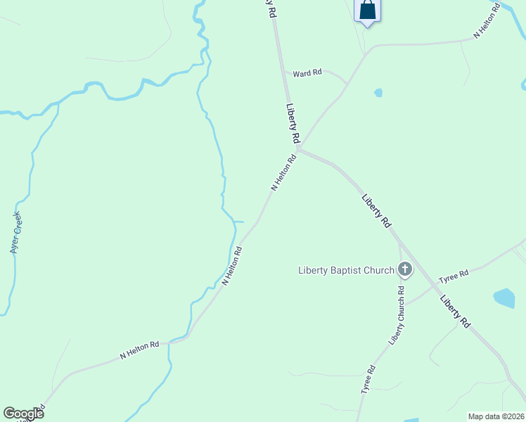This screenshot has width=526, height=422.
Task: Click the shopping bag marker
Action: [x=367, y=11]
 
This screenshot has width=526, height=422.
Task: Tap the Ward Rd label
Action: [x=307, y=72]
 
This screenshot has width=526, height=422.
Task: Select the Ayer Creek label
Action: [x=15, y=232]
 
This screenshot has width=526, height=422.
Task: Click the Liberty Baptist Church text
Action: [x=346, y=270]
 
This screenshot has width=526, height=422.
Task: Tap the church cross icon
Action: [x=405, y=269]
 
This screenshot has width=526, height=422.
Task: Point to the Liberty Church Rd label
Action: [x=397, y=314]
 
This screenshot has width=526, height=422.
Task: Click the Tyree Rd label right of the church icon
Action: [x=454, y=275]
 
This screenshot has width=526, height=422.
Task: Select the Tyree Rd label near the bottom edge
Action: [x=366, y=379]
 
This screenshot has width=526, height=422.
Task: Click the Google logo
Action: [x=23, y=414]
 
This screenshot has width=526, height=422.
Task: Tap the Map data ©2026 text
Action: [x=496, y=416]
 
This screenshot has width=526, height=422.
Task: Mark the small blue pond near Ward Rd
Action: [x=378, y=92]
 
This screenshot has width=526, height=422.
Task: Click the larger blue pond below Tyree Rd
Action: [x=504, y=298]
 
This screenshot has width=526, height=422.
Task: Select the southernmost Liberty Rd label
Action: [x=456, y=312]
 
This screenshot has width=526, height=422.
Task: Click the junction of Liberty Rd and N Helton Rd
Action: [x=297, y=148]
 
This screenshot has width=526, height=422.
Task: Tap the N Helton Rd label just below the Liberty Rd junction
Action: [x=283, y=173]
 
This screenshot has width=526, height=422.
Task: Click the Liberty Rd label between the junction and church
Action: [x=376, y=210]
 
